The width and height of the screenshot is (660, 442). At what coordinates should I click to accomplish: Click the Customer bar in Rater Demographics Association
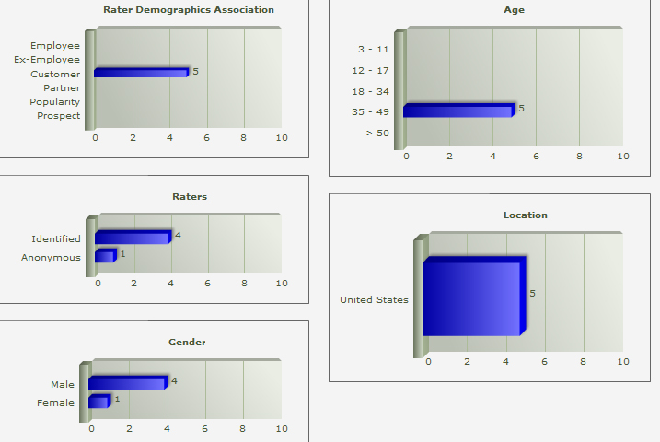141,72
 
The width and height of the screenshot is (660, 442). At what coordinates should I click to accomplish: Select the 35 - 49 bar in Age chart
457,110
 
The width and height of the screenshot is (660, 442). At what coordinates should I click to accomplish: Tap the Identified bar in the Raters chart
132,238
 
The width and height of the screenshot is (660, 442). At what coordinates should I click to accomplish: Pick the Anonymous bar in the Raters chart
104,256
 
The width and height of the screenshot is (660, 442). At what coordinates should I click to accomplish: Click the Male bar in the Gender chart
127,382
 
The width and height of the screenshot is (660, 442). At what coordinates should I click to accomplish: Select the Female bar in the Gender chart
98,401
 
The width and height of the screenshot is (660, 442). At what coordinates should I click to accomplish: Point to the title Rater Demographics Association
189,10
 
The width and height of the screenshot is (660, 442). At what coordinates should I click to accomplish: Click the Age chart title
515,10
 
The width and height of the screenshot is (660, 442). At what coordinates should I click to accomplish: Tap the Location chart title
525,215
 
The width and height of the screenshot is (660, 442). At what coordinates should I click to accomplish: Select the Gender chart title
187,342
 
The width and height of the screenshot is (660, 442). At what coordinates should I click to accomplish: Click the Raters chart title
190,196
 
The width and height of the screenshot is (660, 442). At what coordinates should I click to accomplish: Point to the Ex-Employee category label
47,59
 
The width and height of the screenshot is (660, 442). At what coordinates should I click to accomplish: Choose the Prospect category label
58,115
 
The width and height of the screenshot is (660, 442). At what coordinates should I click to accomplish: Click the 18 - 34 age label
371,91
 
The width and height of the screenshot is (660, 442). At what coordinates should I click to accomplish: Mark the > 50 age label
377,133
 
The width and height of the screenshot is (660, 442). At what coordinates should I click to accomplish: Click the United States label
374,299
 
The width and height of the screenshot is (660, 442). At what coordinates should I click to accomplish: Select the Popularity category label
54,101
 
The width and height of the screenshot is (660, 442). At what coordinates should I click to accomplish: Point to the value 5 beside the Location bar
532,293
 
